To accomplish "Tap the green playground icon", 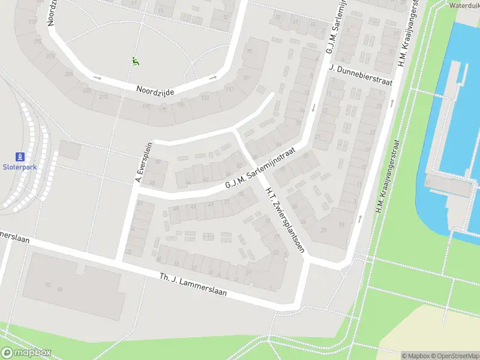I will tap(136, 61).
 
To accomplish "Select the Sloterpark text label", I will tap(20, 167).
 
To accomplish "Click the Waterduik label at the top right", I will tap(464, 5).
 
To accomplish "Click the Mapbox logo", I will tap(26, 353).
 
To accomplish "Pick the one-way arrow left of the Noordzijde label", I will tap(98, 77).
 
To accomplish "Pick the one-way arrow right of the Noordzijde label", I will tap(212, 77).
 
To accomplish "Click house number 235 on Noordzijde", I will tap(87, 91).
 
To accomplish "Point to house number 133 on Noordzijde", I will tap(205, 98).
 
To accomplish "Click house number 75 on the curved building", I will tap(249, 52).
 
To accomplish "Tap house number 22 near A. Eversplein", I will tap(128, 252).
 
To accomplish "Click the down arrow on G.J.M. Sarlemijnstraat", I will tap(313, 109).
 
